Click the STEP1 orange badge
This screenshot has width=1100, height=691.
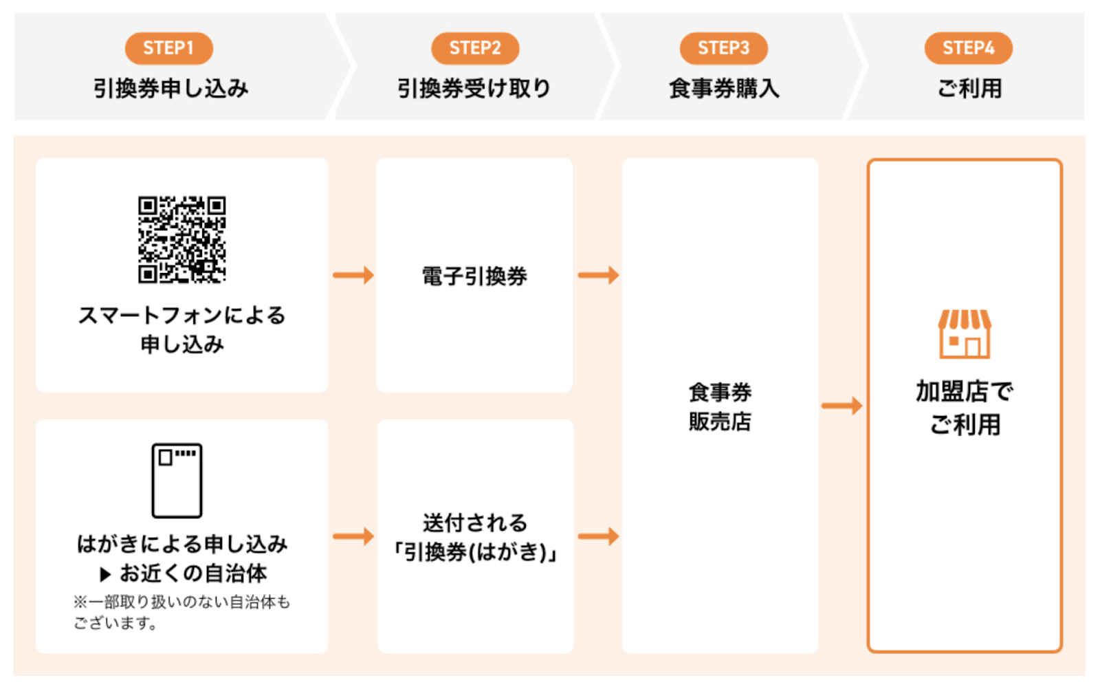(169, 48)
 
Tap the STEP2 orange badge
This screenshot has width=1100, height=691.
(475, 48)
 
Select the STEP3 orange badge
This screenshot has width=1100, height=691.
(723, 48)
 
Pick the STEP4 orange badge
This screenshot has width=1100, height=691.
(969, 48)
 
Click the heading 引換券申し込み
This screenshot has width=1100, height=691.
(171, 89)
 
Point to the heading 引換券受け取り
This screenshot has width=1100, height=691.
(474, 89)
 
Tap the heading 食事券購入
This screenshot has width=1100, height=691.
(724, 89)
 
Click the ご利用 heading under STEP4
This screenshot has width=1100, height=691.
(969, 89)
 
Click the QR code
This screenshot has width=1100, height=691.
(181, 240)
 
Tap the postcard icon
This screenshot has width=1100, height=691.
(177, 481)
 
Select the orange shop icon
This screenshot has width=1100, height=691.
(965, 334)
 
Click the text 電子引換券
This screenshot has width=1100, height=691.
(474, 276)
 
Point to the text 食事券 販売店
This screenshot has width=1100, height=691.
(720, 407)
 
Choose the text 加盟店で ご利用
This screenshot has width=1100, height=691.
(965, 408)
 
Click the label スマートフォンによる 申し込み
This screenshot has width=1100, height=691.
(181, 329)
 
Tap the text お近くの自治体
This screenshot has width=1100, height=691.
(193, 573)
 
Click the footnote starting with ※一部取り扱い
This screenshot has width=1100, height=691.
(181, 613)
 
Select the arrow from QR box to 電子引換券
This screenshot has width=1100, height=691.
(353, 275)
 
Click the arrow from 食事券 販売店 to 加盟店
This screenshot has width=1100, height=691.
(841, 406)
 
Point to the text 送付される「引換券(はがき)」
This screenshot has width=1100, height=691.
(474, 538)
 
